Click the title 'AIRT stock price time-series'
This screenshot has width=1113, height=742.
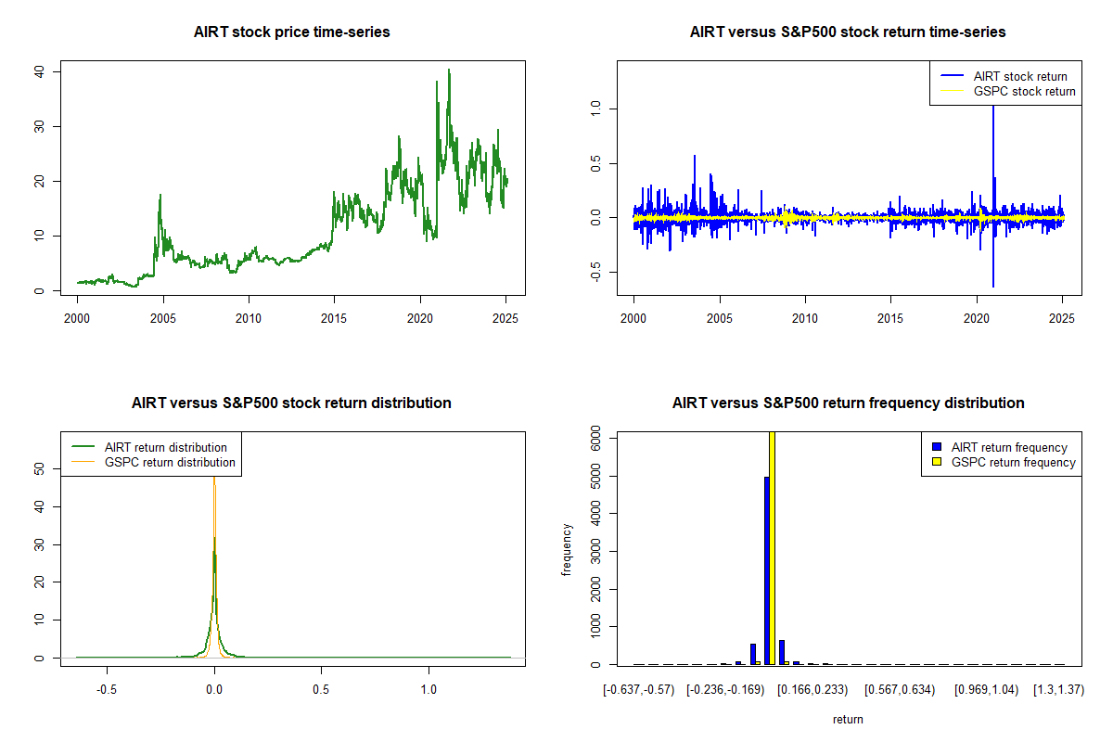[x=292, y=32]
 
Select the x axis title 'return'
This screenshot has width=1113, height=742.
[x=848, y=719]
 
